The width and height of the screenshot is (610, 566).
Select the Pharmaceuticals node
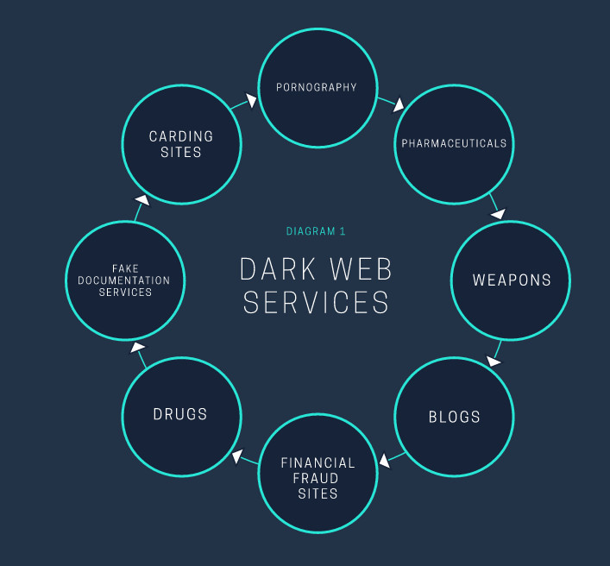click(454, 143)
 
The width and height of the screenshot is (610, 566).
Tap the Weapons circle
click(511, 280)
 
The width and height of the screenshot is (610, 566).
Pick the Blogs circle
click(454, 417)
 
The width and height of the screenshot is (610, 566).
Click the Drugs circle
click(180, 414)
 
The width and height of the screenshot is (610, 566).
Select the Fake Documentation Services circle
click(124, 280)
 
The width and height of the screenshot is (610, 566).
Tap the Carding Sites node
click(180, 144)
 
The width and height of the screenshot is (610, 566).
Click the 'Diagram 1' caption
click(316, 231)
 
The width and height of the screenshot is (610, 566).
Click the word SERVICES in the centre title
click(316, 303)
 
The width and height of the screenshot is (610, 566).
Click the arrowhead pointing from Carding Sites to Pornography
click(250, 101)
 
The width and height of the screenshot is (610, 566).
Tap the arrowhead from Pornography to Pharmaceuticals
click(399, 106)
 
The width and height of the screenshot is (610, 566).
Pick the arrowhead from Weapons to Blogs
click(494, 360)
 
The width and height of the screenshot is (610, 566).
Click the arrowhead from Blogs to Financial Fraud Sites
click(384, 460)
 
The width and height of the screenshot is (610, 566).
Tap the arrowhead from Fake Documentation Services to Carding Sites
click(142, 201)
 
